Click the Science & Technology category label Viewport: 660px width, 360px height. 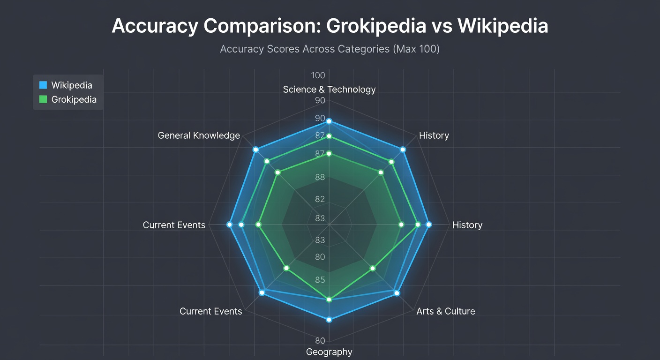[x=329, y=90]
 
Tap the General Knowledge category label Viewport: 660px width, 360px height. [x=199, y=135]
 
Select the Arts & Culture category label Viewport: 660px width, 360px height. [x=445, y=311]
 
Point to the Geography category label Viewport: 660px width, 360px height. [x=329, y=352]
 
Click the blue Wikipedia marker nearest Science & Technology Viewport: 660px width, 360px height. [x=329, y=121]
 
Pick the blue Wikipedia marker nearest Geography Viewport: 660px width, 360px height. [x=329, y=320]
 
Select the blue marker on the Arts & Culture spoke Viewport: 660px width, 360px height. [x=397, y=293]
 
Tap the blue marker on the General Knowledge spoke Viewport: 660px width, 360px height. [x=255, y=150]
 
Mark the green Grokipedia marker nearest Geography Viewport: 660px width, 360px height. [x=329, y=300]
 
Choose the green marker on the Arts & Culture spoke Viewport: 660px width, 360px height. [x=373, y=269]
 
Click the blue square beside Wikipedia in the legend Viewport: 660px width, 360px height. [x=43, y=85]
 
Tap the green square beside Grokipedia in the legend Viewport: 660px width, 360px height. [x=43, y=99]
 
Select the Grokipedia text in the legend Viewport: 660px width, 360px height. [x=74, y=99]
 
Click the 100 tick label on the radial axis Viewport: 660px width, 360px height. [x=318, y=75]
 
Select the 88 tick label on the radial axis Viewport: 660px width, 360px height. [x=320, y=177]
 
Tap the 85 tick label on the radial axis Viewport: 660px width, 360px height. [x=320, y=280]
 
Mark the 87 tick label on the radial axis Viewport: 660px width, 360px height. [x=320, y=154]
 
